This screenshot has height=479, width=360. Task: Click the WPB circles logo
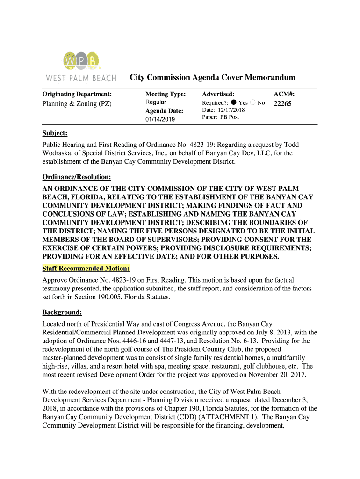click(x=81, y=61)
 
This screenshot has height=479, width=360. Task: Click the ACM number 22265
click(x=282, y=104)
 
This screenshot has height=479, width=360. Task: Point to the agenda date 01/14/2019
click(x=160, y=120)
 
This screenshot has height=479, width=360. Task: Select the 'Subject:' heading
click(x=55, y=133)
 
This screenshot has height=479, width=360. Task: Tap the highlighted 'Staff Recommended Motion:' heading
click(x=86, y=269)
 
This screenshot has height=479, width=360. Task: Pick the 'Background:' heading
click(x=62, y=312)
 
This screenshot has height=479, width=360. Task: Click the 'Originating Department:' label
click(x=77, y=94)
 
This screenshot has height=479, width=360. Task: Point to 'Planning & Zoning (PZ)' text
click(x=77, y=104)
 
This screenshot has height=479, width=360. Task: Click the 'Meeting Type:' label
click(x=166, y=94)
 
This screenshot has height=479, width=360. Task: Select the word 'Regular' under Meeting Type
click(x=156, y=102)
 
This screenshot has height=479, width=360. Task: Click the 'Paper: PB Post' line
click(x=220, y=117)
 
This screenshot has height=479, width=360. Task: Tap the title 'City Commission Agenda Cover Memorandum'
click(x=212, y=77)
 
